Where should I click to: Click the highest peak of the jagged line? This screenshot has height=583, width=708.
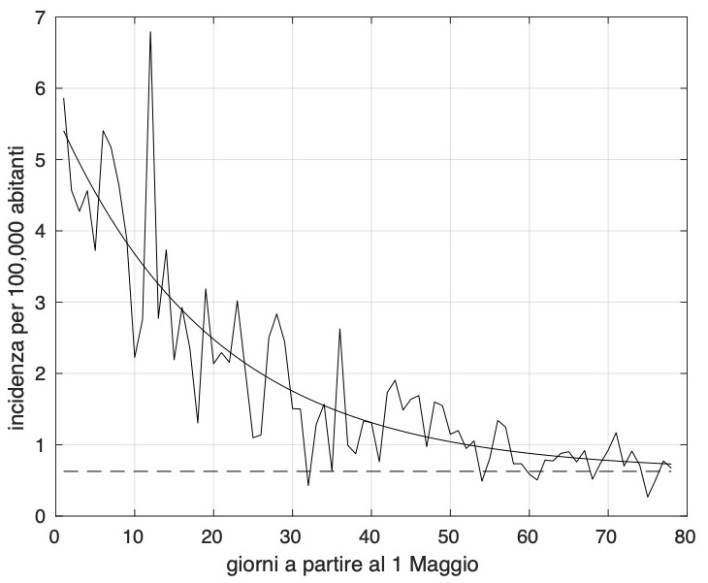(x=150, y=32)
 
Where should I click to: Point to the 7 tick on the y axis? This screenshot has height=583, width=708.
(x=40, y=17)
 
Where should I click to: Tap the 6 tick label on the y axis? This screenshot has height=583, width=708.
(x=40, y=89)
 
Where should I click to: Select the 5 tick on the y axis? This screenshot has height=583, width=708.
(x=40, y=160)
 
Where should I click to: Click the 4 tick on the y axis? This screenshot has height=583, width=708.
(x=40, y=231)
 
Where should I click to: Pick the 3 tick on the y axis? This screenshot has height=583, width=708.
(x=40, y=303)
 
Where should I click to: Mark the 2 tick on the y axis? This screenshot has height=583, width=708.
(x=40, y=373)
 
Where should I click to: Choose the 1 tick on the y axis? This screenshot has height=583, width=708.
(x=40, y=445)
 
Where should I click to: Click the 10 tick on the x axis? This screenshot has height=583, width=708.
(x=134, y=534)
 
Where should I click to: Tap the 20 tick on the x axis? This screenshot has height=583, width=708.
(x=212, y=534)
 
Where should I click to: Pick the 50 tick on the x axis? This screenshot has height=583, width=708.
(x=449, y=534)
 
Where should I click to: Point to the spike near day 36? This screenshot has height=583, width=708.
(x=339, y=329)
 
